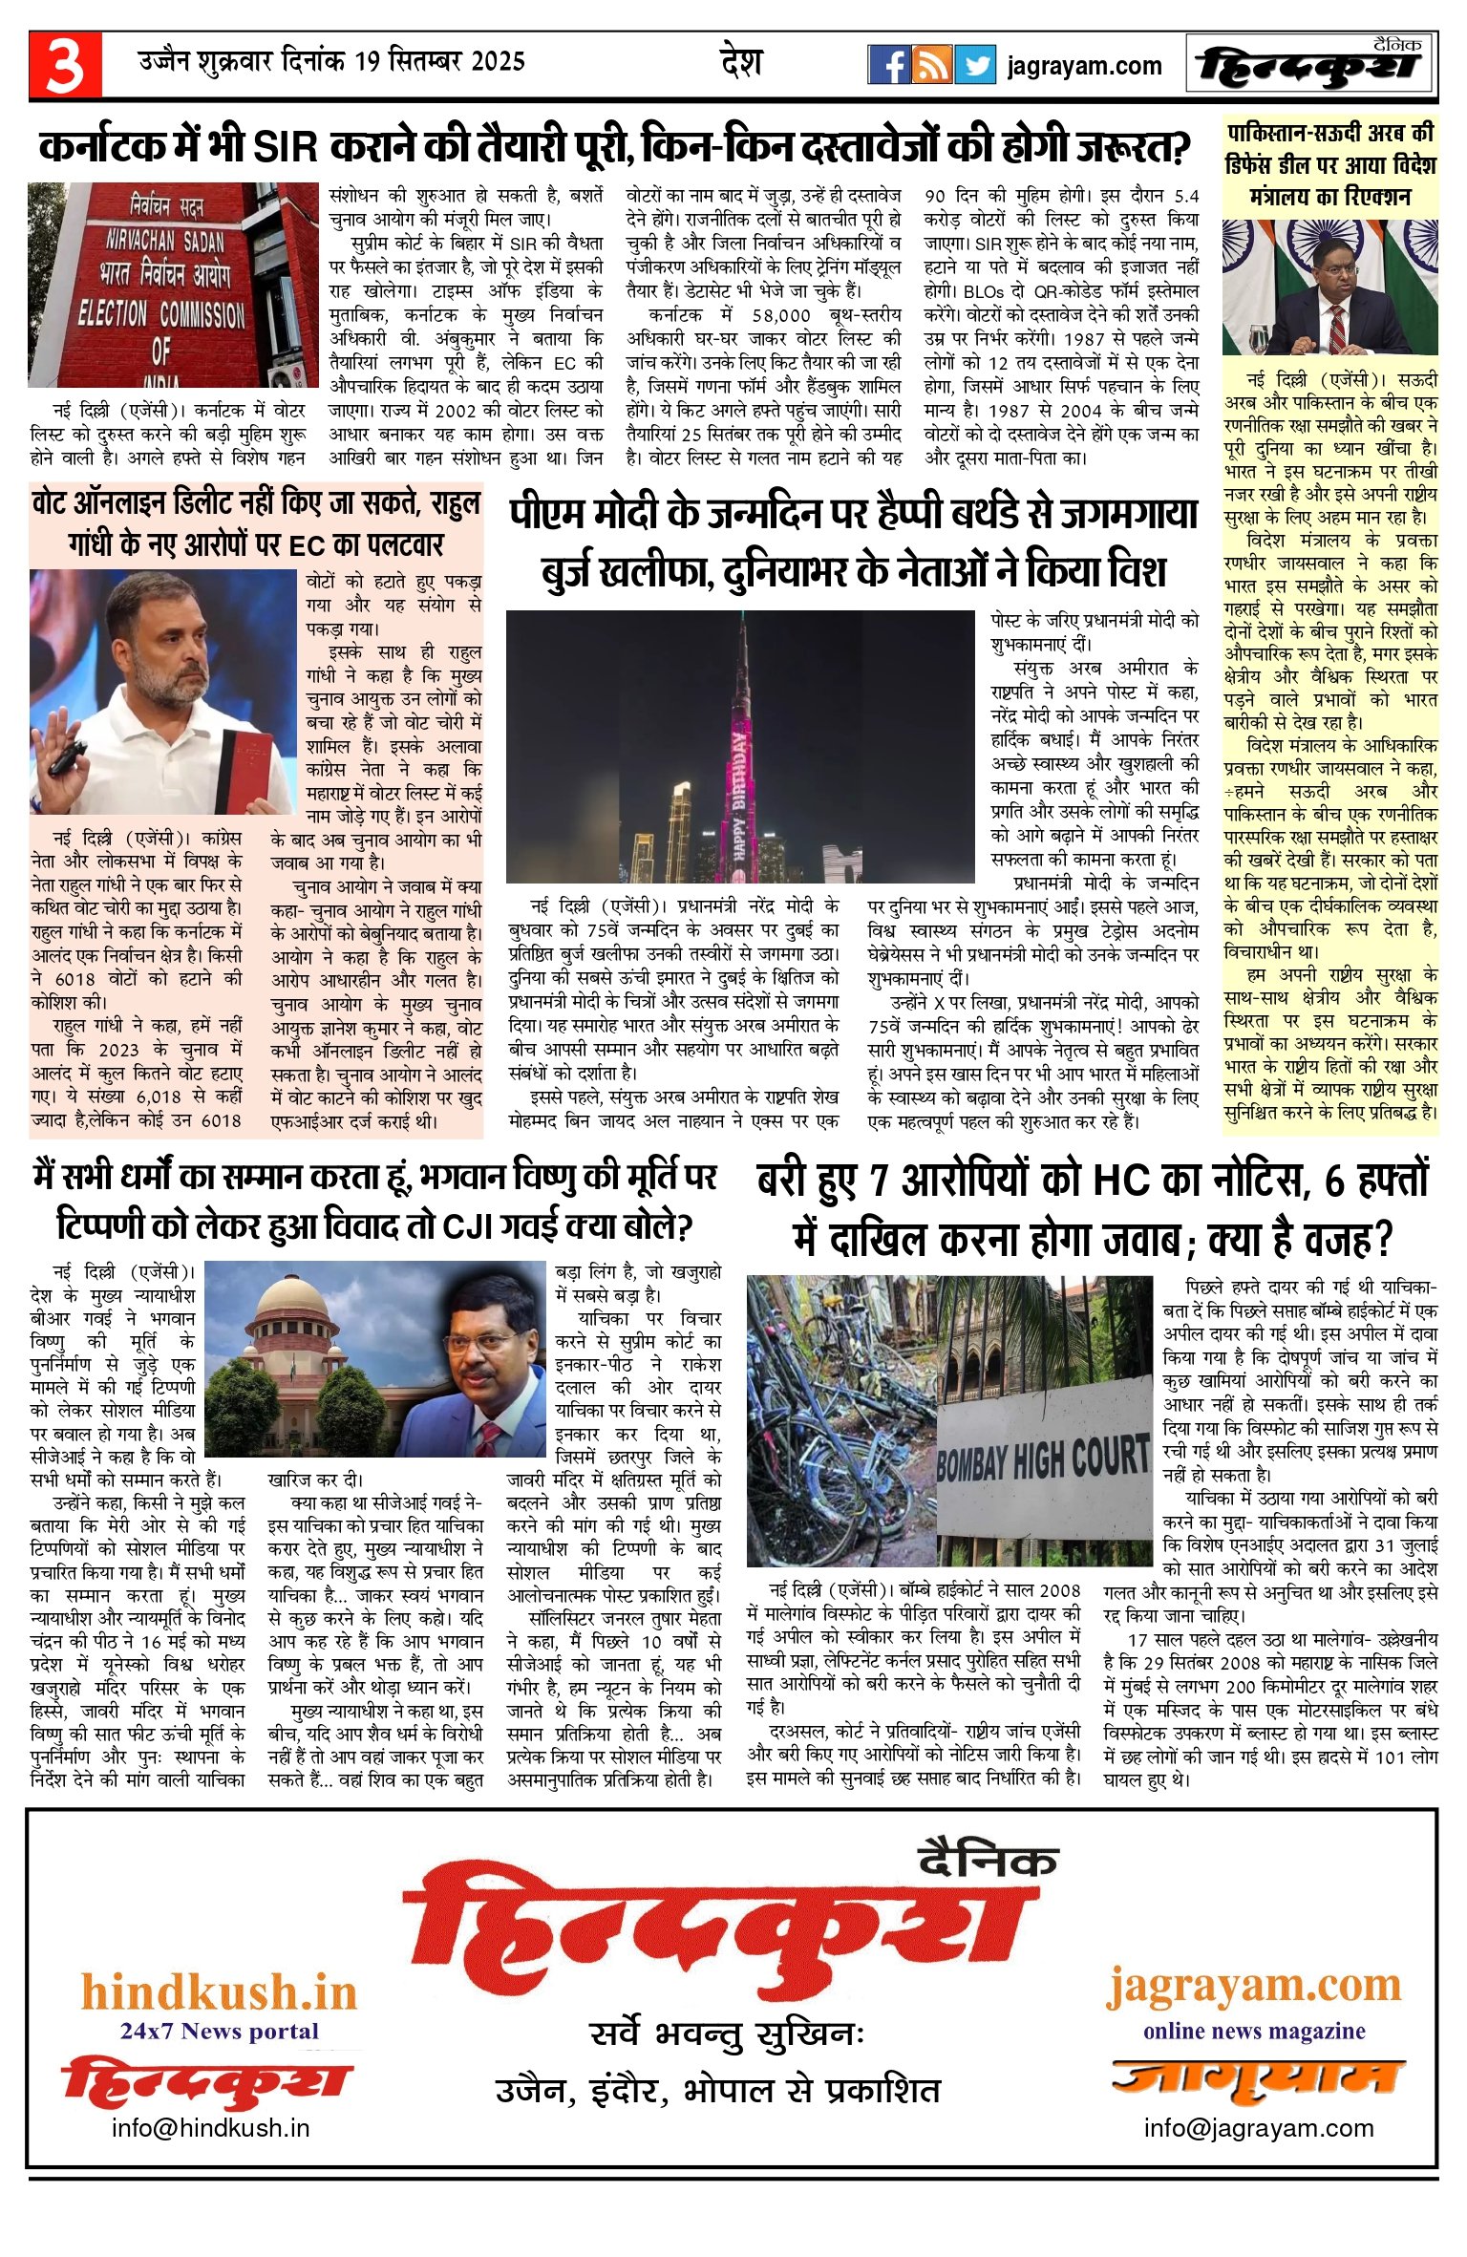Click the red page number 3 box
(x=65, y=64)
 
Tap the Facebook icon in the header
(x=888, y=65)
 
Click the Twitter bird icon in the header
(x=975, y=65)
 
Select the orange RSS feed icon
(x=931, y=65)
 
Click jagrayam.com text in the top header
(x=1084, y=66)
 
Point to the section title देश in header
(x=741, y=62)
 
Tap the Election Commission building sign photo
(x=173, y=285)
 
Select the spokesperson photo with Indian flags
(x=1329, y=287)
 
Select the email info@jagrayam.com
(x=1258, y=2128)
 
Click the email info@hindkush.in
(x=210, y=2128)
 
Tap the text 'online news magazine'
(x=1253, y=2031)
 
